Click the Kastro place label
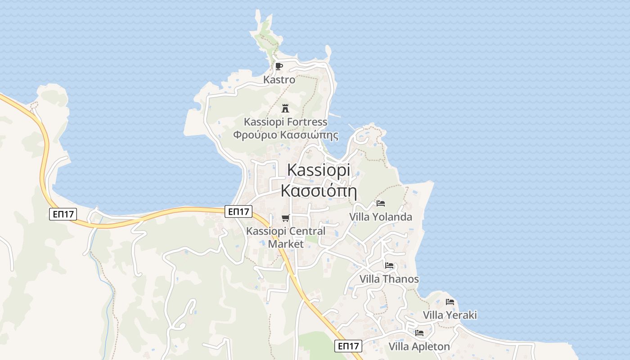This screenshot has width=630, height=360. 279,80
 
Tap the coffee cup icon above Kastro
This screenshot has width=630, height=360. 279,67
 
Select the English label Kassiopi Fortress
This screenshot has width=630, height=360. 285,122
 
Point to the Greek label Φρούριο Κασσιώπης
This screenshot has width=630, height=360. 285,135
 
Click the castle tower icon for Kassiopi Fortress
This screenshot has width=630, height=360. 285,108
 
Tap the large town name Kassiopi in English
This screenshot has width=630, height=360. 318,170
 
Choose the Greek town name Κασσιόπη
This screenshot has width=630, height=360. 318,190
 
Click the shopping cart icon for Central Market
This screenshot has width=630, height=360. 285,218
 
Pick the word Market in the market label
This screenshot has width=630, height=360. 286,244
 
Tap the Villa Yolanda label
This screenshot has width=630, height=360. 381,217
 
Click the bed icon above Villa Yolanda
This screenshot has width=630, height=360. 381,203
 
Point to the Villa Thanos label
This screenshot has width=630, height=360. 389,279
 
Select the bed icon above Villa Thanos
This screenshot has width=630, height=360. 389,265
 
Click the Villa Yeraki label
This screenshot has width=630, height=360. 450,315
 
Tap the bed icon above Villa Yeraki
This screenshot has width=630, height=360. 450,301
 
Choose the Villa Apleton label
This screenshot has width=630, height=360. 419,346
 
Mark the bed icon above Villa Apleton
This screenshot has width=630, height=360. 419,333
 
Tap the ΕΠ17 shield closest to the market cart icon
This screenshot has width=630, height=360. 238,211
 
